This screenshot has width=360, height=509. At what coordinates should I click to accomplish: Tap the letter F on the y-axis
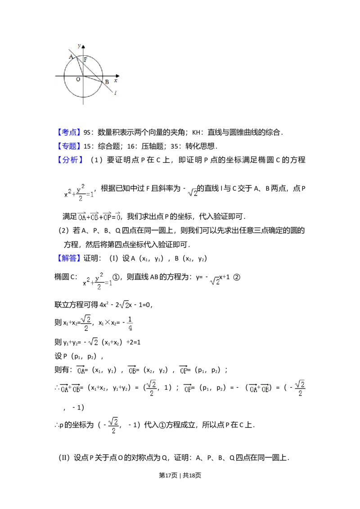pyautogui.click(x=85, y=59)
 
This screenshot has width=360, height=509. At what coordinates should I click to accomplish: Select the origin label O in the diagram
pyautogui.click(x=78, y=79)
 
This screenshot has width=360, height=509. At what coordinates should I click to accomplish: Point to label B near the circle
pyautogui.click(x=107, y=82)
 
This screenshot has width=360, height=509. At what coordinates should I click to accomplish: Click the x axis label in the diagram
pyautogui.click(x=116, y=80)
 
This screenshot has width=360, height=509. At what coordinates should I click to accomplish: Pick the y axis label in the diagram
pyautogui.click(x=79, y=46)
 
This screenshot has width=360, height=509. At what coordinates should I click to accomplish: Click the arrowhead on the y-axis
pyautogui.click(x=84, y=46)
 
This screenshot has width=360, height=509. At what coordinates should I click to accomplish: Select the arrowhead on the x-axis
pyautogui.click(x=118, y=76)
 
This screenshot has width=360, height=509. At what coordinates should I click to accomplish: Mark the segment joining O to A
pyautogui.click(x=80, y=66)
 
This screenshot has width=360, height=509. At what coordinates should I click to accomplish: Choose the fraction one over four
pyautogui.click(x=130, y=323)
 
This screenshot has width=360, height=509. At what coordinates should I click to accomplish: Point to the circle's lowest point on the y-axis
pyautogui.click(x=84, y=96)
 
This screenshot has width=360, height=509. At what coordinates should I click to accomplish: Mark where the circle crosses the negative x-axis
pyautogui.click(x=64, y=76)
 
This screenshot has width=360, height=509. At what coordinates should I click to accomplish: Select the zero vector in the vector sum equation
pyautogui.click(x=118, y=218)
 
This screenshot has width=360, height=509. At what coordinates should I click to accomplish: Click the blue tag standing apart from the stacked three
pyautogui.click(x=70, y=258)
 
